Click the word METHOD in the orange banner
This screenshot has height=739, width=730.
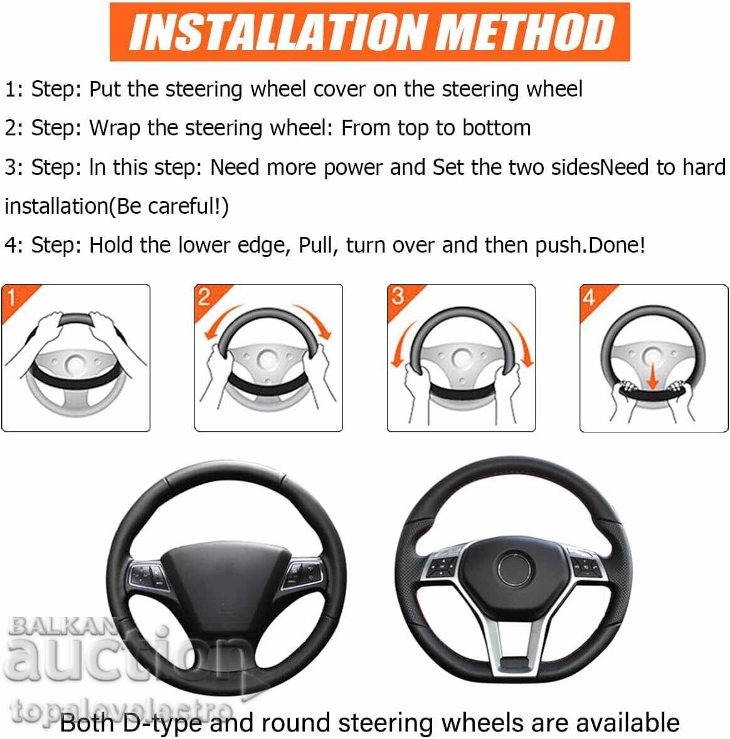(526, 33)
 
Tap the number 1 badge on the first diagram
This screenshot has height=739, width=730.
(11, 296)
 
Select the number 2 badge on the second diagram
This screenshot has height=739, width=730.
(204, 296)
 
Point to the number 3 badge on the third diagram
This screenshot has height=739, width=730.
(398, 296)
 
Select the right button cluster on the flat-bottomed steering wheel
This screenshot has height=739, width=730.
(586, 563)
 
